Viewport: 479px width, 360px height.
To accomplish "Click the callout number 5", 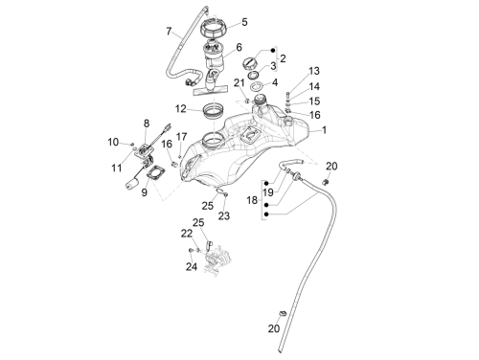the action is click(x=244, y=22).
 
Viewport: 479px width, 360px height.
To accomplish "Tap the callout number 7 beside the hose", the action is click(x=170, y=32).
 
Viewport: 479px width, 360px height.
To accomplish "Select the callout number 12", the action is click(x=181, y=109).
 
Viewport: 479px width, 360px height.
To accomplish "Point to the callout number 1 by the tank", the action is click(x=324, y=130).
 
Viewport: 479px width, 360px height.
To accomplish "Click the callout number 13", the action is click(x=314, y=71).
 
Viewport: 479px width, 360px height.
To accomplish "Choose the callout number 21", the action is click(x=239, y=83).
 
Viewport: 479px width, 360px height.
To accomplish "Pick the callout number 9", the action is click(x=145, y=192).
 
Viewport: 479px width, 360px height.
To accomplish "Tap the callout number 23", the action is click(x=224, y=216).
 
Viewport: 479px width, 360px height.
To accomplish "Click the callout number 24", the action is click(x=192, y=266).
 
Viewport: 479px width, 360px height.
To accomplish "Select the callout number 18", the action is click(x=252, y=200).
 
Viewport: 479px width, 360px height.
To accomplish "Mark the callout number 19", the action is click(x=268, y=192).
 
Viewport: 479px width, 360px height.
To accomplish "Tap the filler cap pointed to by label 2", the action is click(x=249, y=62).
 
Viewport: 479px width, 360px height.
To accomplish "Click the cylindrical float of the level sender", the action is click(x=131, y=185).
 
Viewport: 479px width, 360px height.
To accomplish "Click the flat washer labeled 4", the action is click(x=257, y=86).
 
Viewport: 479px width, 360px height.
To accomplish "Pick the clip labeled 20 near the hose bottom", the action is click(x=282, y=313).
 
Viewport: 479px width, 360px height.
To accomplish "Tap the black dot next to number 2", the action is click(x=273, y=51).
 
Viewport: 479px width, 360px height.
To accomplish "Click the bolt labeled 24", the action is click(x=191, y=250).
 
